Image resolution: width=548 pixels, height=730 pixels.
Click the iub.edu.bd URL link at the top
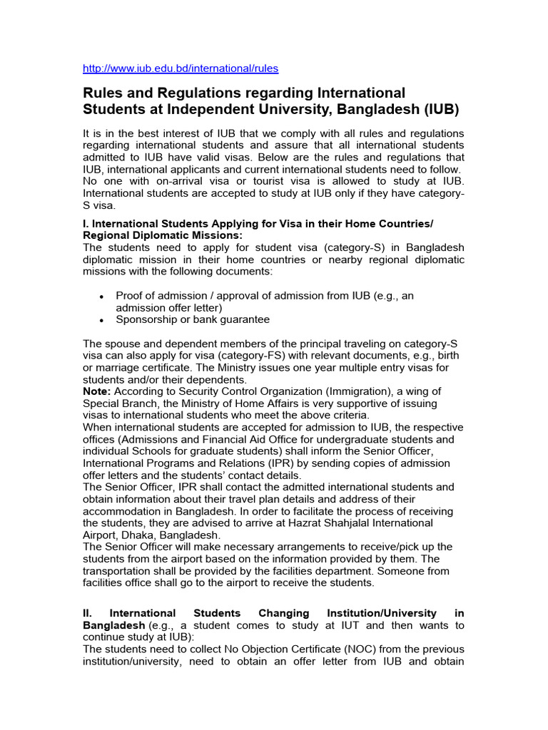coord(181,68)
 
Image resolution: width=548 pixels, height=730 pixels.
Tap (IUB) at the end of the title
coord(441,110)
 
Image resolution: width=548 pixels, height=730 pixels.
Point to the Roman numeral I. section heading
coord(87,224)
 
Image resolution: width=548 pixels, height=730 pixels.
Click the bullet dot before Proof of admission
coord(102,296)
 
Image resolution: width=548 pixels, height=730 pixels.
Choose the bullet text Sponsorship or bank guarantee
coord(193,319)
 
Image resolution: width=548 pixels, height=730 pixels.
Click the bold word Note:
coord(97,391)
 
